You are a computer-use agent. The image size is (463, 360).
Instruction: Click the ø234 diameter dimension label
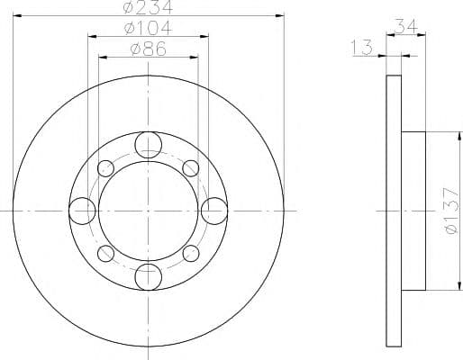coord(149,6)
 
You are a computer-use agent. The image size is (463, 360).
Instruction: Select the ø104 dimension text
coord(149,28)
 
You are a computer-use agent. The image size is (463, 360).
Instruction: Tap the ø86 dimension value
coord(149,49)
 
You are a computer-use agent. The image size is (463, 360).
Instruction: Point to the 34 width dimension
coord(406,26)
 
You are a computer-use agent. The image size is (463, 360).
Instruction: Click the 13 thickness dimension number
coord(361,48)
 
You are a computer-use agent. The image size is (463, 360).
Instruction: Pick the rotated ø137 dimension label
coord(451,211)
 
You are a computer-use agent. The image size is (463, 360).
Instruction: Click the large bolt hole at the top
coord(149,145)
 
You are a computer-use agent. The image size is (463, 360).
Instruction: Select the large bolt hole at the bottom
coord(149,277)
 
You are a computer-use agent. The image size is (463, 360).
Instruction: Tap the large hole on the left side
coord(82,211)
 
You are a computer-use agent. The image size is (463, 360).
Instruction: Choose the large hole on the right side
coord(214,211)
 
